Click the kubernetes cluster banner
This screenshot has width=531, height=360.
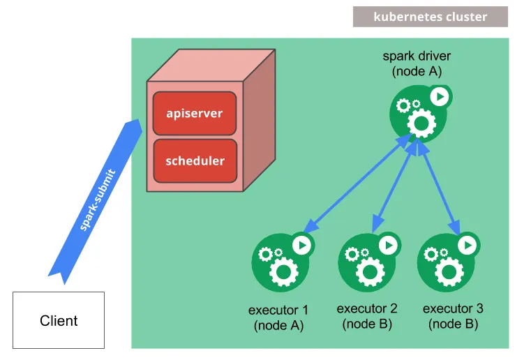pos(430,17)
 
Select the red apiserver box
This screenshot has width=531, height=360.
pos(195,112)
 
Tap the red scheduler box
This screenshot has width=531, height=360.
pos(195,160)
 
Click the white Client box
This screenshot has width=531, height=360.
pos(59,320)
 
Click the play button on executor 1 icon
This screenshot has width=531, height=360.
pos(301,244)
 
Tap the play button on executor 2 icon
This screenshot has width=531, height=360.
pos(388,244)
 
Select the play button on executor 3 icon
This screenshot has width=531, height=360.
pos(467,244)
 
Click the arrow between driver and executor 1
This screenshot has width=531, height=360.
pos(357,183)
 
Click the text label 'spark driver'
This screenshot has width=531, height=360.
pos(417,55)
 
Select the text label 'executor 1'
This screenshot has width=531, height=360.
pos(278,310)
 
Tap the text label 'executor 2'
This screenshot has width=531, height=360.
pos(367,308)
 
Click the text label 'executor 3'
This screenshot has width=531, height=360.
pos(453,308)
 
